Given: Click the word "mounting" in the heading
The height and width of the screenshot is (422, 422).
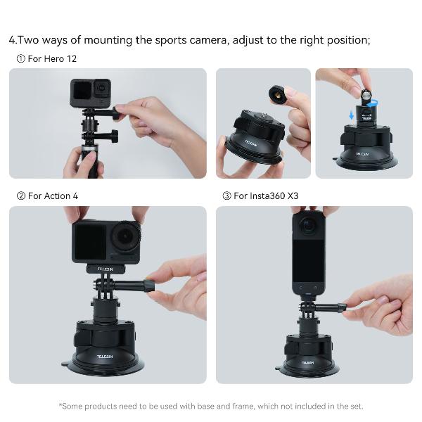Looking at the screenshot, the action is [108, 40].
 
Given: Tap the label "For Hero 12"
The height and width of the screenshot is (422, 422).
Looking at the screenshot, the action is [52, 58].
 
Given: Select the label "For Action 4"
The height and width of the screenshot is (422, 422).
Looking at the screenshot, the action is [53, 196].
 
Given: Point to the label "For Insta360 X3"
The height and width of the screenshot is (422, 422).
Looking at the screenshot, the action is [266, 196].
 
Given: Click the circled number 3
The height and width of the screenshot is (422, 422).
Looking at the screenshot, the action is [226, 196].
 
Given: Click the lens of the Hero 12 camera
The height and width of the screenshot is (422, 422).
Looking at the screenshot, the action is [102, 88].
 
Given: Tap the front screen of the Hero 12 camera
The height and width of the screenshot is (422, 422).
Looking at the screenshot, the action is [82, 91].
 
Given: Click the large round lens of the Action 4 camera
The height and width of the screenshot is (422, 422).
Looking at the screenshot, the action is [125, 236].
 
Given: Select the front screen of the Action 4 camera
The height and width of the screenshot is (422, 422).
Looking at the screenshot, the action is [90, 242].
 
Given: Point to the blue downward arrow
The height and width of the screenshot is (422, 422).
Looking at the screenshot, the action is [351, 116].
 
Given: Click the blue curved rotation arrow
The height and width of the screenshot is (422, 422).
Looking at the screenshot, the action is [373, 103].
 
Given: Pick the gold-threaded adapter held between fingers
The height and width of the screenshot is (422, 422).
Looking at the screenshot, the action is [278, 95].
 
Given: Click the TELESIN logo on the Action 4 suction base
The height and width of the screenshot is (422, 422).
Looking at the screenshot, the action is [105, 357].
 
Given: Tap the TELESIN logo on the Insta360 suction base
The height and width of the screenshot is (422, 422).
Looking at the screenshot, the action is [307, 362].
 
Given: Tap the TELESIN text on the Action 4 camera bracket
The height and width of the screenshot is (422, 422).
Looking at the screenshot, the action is [105, 269].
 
